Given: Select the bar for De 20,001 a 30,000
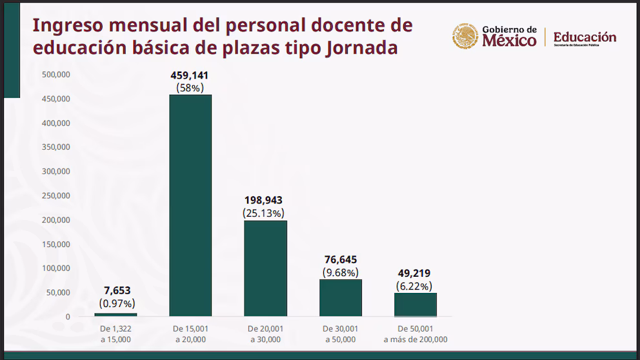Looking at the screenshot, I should click(x=265, y=268).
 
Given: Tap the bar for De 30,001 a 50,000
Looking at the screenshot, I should click(x=341, y=297).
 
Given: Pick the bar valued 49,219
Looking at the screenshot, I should click(x=415, y=305).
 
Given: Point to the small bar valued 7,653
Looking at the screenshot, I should click(x=115, y=314).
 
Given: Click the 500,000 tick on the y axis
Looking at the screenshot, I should click(x=56, y=75).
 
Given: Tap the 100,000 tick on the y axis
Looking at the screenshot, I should click(x=56, y=268).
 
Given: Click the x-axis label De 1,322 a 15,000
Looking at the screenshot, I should click(x=115, y=334).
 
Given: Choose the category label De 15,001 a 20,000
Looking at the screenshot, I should click(x=190, y=334).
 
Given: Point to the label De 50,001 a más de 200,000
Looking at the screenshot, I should click(x=415, y=334).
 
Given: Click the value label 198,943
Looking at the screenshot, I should click(x=263, y=201).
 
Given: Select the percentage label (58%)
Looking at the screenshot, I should click(x=190, y=87).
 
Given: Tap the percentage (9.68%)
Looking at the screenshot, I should click(x=340, y=272).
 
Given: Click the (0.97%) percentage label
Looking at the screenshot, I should click(x=117, y=303).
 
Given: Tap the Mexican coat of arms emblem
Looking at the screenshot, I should click(x=465, y=37).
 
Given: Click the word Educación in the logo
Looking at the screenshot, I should click(x=585, y=37).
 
